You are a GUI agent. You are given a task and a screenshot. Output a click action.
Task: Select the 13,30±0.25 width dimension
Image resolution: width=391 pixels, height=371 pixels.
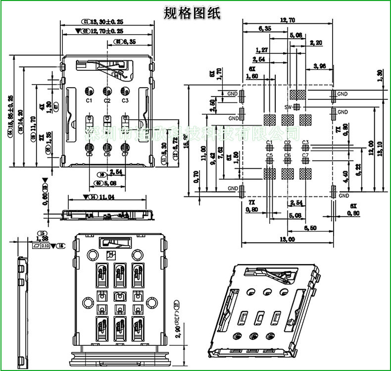[106, 22]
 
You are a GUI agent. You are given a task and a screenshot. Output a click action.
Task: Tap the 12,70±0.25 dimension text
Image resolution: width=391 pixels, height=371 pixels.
[106, 31]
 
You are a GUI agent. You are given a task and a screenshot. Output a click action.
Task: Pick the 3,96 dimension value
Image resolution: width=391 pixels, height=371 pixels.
[319, 66]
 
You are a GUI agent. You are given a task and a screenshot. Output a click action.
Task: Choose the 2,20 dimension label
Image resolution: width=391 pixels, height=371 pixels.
[316, 43]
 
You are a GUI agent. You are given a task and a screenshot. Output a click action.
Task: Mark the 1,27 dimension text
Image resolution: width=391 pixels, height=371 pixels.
[262, 50]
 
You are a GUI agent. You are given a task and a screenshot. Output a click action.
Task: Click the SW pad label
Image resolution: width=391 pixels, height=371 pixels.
[288, 107]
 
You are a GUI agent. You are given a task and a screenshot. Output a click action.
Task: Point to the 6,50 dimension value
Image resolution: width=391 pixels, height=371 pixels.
[310, 228]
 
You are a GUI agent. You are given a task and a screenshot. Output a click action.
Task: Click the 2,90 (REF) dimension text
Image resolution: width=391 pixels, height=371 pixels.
[176, 317]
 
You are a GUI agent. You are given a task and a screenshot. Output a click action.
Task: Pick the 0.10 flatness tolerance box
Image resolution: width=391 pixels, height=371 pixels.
[44, 245]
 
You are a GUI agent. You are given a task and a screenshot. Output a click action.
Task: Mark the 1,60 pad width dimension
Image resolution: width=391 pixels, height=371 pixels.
[251, 76]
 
